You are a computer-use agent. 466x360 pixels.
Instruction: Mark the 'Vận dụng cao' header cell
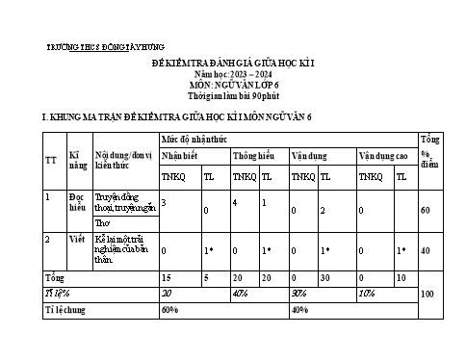(x=383, y=155)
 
